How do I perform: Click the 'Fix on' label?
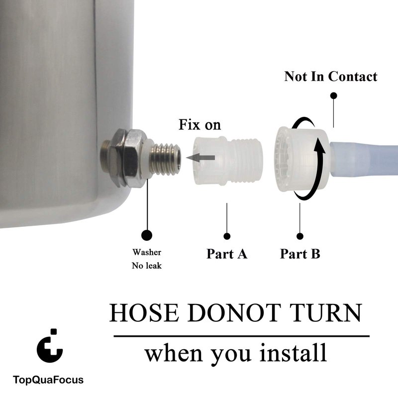(199, 125)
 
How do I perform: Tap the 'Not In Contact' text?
(331, 77)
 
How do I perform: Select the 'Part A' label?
(227, 254)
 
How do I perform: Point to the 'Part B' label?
(300, 254)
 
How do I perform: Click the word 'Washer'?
(147, 252)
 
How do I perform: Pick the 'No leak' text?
(147, 266)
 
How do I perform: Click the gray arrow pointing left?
(200, 158)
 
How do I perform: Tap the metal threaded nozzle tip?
(166, 159)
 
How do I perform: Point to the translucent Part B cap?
(302, 159)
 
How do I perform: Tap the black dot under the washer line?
(147, 235)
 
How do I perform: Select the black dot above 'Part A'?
(227, 236)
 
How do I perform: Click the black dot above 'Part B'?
(300, 236)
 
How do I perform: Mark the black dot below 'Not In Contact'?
(334, 96)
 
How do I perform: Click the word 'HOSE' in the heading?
(144, 313)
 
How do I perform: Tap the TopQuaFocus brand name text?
(48, 380)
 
